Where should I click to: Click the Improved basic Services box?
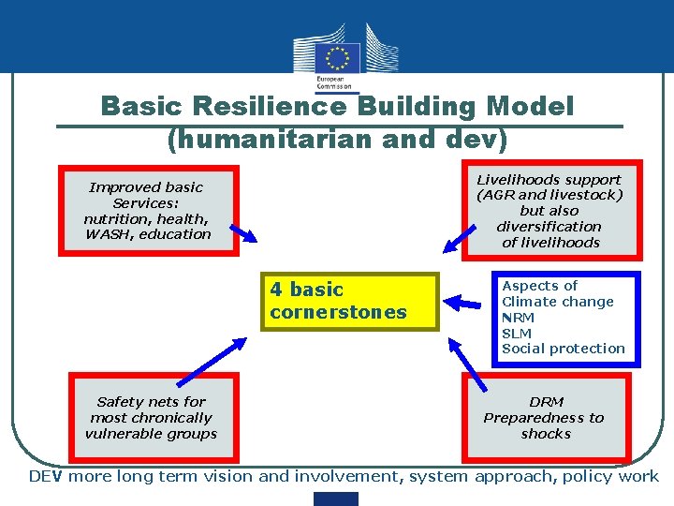pos(149,210)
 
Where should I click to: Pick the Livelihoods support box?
pos(549,210)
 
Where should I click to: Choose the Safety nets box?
pos(151,417)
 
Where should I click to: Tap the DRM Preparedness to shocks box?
pos(544,417)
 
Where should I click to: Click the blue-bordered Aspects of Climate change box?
pos(564,318)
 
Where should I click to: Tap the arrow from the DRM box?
pos(467,365)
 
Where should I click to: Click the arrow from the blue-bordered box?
pos(463,302)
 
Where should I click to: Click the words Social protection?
pos(564,349)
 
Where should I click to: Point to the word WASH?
pos(110,234)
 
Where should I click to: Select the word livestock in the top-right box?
pos(585,195)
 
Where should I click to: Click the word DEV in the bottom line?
pos(46,476)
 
